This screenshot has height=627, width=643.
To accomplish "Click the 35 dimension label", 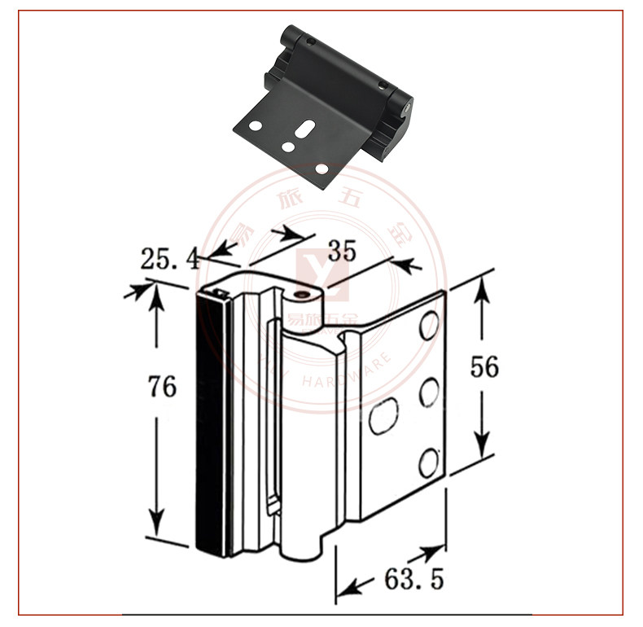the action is click(x=342, y=251).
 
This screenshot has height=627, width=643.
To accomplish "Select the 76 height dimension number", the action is click(x=163, y=386).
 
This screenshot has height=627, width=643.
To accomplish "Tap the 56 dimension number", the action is click(x=484, y=367).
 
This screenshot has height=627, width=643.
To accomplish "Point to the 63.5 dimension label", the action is click(x=413, y=580).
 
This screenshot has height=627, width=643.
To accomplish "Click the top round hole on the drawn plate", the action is click(x=429, y=326).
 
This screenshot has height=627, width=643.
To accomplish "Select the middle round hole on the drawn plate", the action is click(x=429, y=392).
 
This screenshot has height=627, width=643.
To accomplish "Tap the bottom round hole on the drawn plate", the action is click(x=428, y=462).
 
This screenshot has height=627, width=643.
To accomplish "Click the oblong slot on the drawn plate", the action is click(x=383, y=415).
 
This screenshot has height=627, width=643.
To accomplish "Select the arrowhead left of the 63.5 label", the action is click(x=348, y=586).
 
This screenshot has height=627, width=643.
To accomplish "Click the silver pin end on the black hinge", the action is click(x=405, y=105).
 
